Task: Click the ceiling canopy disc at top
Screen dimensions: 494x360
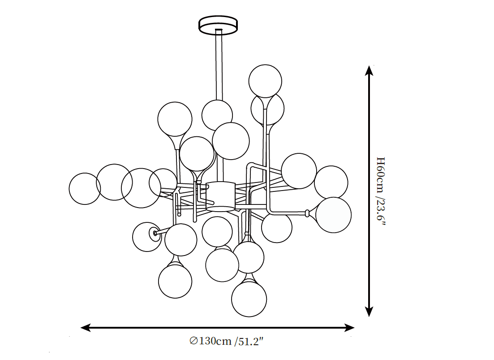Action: [218, 25]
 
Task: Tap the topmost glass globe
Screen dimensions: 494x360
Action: [265, 81]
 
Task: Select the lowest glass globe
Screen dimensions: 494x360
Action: [249, 299]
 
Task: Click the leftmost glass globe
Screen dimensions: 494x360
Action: [85, 188]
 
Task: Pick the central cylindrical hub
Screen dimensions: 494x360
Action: [221, 196]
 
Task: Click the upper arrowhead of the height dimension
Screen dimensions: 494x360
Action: [369, 71]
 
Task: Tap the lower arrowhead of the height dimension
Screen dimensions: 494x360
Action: [369, 312]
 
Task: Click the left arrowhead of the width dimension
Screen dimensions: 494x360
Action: [86, 328]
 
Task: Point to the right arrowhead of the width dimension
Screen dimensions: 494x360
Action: [349, 328]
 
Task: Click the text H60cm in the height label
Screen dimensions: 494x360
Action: [381, 175]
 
